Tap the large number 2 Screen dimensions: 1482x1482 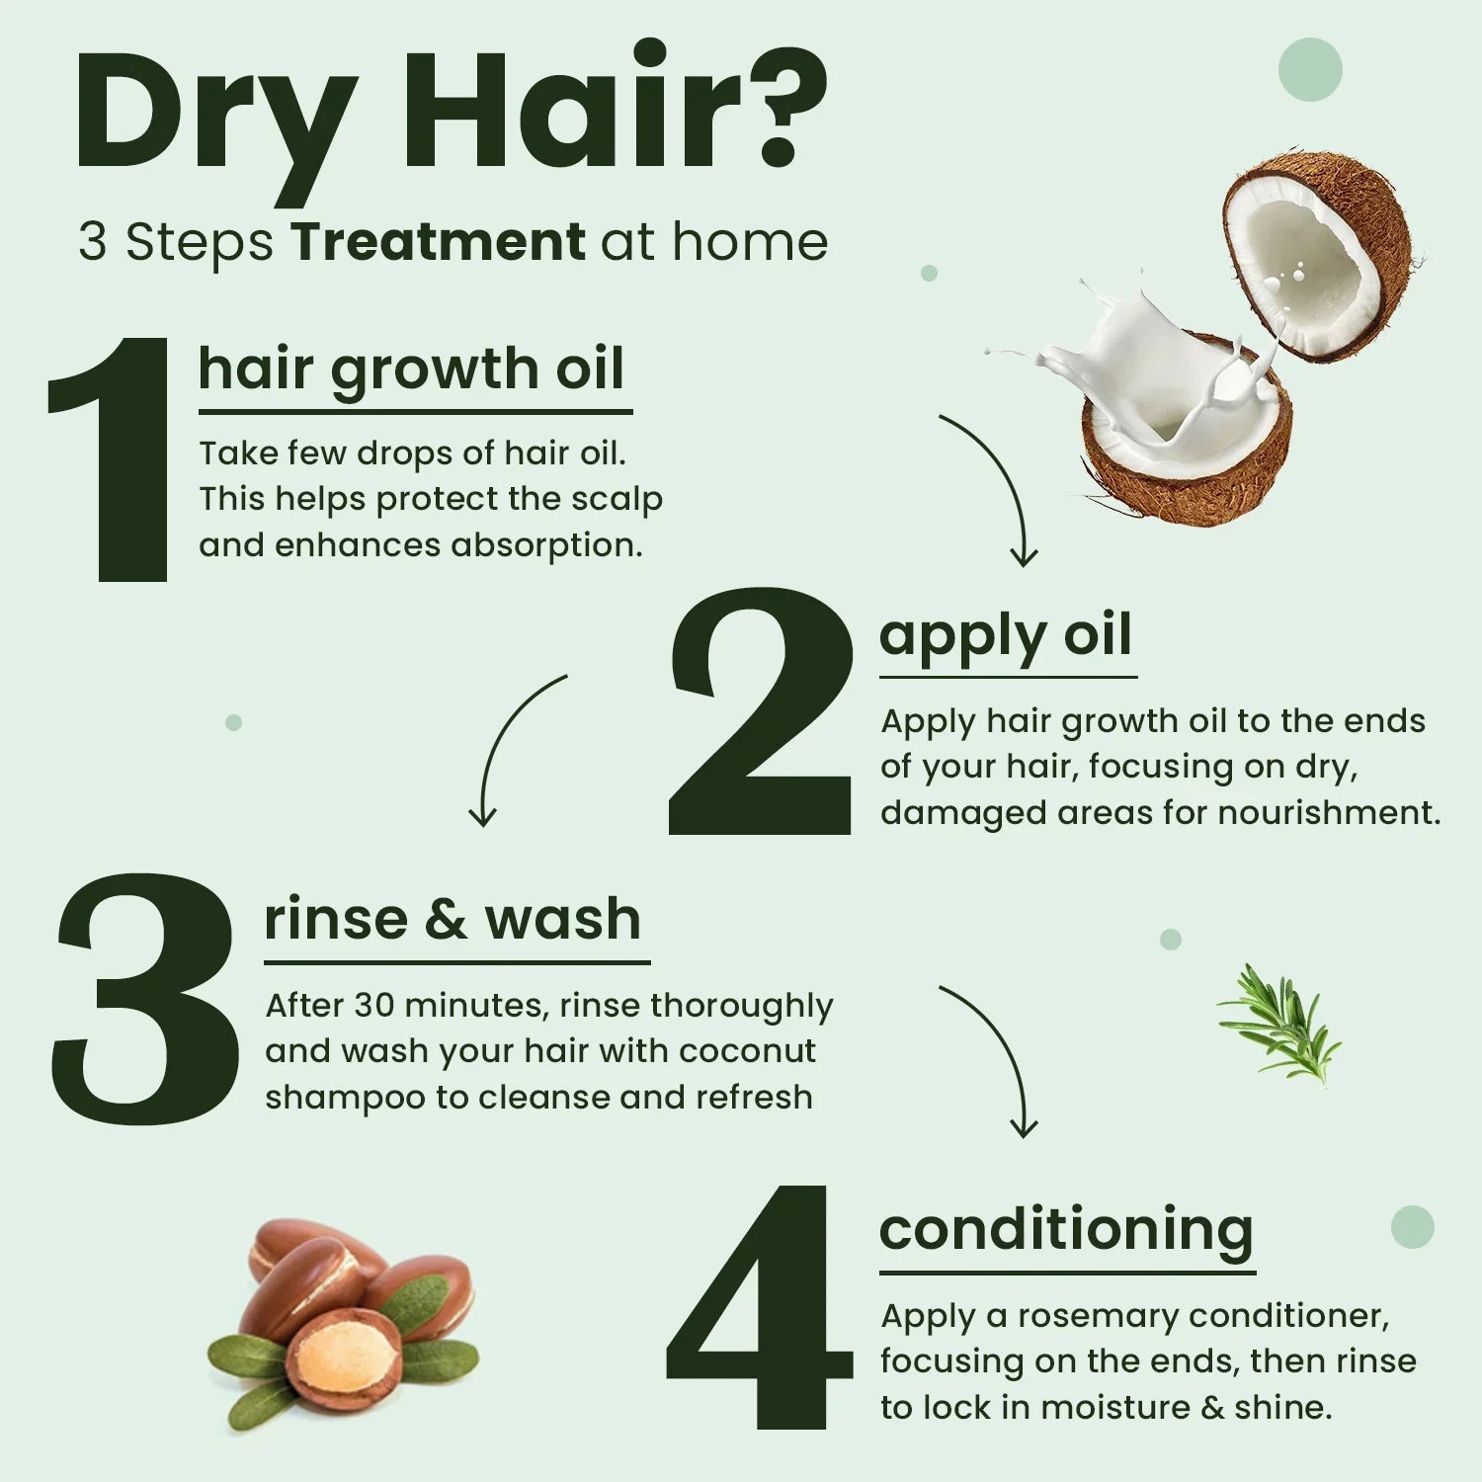pos(761,711)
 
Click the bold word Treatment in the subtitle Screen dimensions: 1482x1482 pos(438,242)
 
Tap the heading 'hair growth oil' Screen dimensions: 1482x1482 pos(411,370)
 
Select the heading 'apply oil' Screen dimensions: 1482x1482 pos(1005,634)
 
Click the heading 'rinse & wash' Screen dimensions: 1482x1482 pos(453,919)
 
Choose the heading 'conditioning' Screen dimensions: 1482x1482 pos(1066,1230)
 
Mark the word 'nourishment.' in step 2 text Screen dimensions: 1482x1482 pos(1329,812)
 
